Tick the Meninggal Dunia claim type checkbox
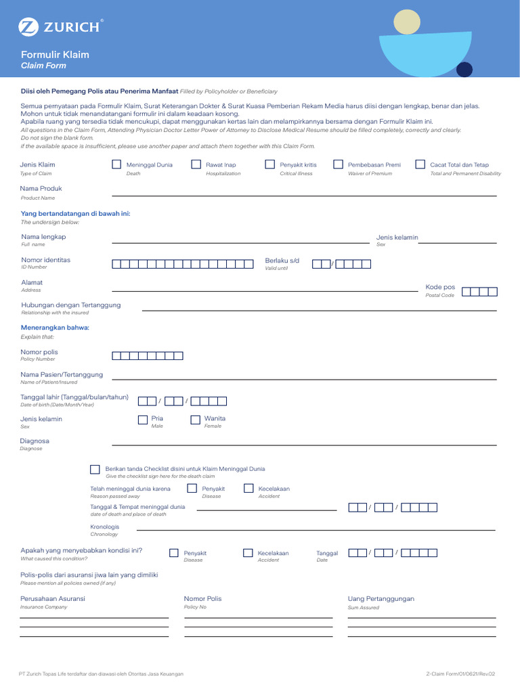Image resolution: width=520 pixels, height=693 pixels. [x=116, y=164]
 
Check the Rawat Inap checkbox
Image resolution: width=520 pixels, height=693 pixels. [x=196, y=164]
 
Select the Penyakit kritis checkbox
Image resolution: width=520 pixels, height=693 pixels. [x=269, y=164]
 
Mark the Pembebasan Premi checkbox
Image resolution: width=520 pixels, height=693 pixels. [x=338, y=164]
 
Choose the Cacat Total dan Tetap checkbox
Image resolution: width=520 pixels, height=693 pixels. [x=420, y=164]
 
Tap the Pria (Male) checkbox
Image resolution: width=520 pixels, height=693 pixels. [x=142, y=420]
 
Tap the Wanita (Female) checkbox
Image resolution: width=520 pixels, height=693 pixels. [x=196, y=420]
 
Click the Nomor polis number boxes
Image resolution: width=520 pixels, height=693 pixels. [x=147, y=356]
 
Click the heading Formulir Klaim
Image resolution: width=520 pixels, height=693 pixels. [x=55, y=55]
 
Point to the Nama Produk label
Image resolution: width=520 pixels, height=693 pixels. [x=41, y=188]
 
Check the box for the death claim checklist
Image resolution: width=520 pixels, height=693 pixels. [x=95, y=470]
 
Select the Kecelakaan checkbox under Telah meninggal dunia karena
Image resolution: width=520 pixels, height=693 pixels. [x=248, y=489]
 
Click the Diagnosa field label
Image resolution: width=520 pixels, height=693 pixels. [x=35, y=441]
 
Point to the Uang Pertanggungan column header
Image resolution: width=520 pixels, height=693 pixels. [x=381, y=599]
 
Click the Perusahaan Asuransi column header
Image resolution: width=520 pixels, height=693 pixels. [x=53, y=599]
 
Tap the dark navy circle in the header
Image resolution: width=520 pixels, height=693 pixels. [x=464, y=69]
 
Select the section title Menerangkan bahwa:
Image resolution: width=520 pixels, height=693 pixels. [x=55, y=328]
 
